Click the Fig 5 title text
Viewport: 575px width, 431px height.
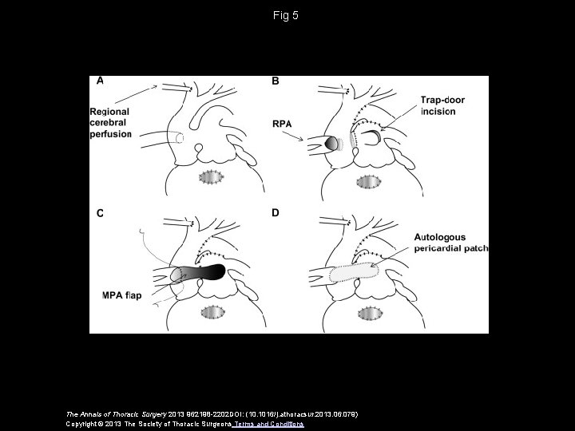click(x=287, y=15)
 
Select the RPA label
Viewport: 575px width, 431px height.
click(x=284, y=125)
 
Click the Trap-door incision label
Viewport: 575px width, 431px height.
click(x=438, y=106)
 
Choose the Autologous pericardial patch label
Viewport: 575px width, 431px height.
click(x=449, y=243)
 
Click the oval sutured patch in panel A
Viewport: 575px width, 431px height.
click(x=212, y=179)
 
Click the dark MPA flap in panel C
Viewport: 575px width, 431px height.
click(x=204, y=272)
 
